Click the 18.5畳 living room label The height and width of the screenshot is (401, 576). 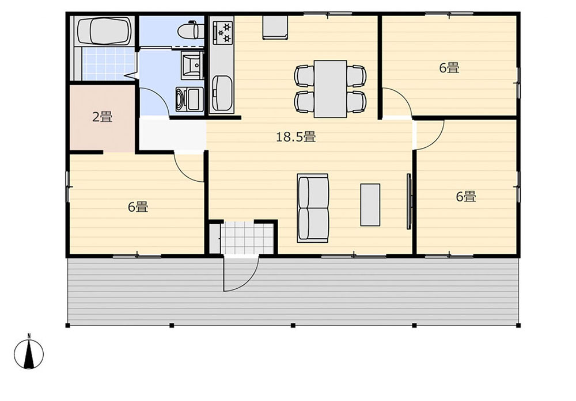(x=295, y=137)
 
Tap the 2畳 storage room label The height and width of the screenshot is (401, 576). (x=102, y=117)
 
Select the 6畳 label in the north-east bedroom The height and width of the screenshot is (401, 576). (x=449, y=68)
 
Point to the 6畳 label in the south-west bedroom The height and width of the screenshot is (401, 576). (x=138, y=207)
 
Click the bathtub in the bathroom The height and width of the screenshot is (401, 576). (x=105, y=32)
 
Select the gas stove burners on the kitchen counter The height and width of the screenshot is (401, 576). (x=223, y=32)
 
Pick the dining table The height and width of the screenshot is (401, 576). (x=330, y=89)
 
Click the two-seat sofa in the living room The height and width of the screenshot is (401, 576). (x=313, y=208)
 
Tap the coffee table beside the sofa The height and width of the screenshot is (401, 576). (x=370, y=205)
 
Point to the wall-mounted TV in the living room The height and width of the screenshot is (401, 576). (x=409, y=201)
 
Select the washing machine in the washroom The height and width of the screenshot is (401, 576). (x=189, y=100)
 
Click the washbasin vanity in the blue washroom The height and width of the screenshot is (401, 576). (x=192, y=66)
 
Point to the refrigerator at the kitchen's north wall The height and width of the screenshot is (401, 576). (x=274, y=27)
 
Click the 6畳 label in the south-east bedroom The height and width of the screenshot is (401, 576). (x=466, y=197)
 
